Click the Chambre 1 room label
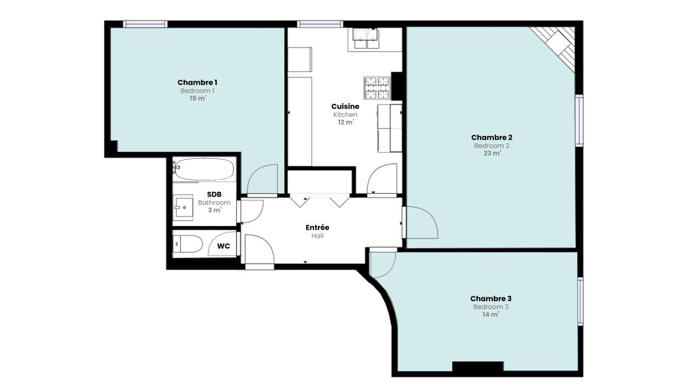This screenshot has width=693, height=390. (x=197, y=83)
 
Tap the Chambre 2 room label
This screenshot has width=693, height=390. (x=492, y=138)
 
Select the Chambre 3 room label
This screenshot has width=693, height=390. (x=491, y=298)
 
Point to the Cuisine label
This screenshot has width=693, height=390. (x=345, y=107)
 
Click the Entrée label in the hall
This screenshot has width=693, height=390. (x=317, y=227)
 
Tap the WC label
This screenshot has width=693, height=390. (x=224, y=246)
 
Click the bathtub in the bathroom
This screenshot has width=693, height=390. (x=204, y=169)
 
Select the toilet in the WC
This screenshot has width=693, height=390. (x=187, y=244)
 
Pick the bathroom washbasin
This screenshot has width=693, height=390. (x=183, y=207)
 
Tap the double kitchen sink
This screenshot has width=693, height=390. (x=366, y=38)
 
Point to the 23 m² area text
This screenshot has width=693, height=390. (x=492, y=153)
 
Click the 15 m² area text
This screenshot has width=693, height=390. (x=198, y=99)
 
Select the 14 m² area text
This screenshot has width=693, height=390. (x=491, y=315)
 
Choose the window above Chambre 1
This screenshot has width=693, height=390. (x=145, y=24)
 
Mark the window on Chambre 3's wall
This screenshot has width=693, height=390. (x=580, y=302)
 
